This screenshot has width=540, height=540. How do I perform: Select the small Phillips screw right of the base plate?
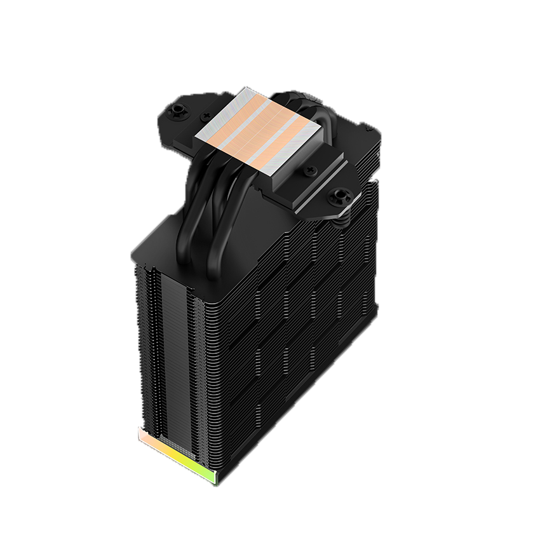pos(311,170)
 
